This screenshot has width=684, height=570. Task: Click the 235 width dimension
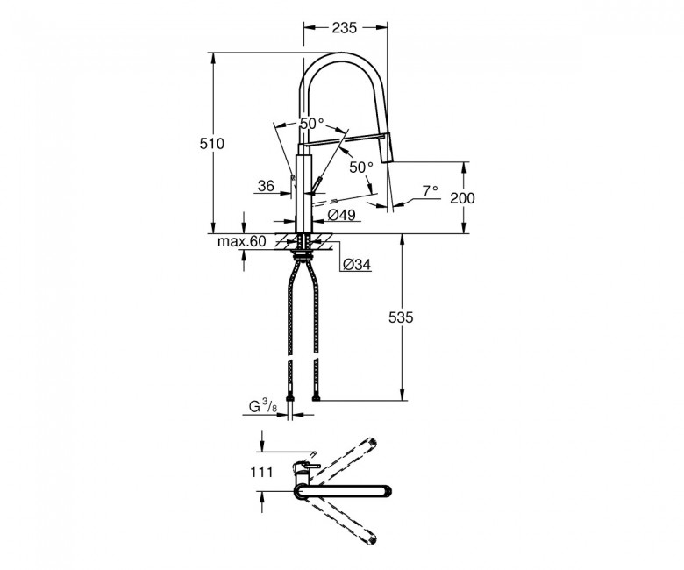(x=344, y=28)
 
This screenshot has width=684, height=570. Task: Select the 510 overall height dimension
(x=211, y=144)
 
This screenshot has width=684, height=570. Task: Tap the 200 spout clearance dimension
(x=462, y=198)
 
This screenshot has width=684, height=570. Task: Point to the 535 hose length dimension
(x=401, y=317)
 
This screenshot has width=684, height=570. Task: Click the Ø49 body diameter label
(x=341, y=215)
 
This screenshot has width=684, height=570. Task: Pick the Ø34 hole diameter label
(x=357, y=264)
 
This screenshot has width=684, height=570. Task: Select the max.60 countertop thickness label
(x=241, y=241)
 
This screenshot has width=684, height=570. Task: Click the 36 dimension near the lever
(x=266, y=186)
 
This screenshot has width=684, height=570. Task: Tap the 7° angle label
(x=430, y=190)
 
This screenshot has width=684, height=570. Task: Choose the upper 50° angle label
(x=311, y=124)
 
